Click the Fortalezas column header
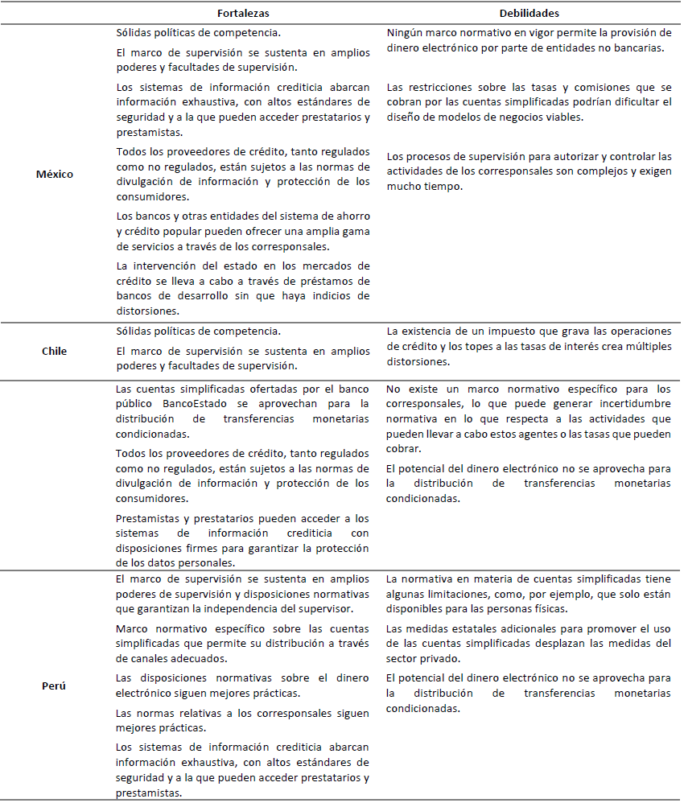click(243, 14)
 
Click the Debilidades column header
click(529, 14)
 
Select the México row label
click(55, 174)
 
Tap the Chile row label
click(55, 351)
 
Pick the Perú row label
click(55, 686)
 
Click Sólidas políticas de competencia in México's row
click(198, 34)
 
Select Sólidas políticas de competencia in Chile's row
click(198, 331)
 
